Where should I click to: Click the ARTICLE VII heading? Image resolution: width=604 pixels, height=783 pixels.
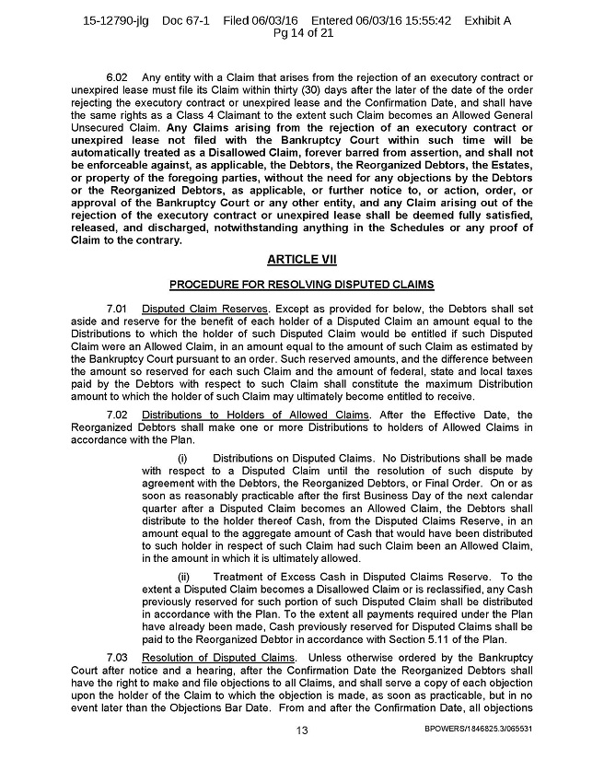click(301, 261)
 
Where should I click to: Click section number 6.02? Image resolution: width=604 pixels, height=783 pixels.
click(119, 76)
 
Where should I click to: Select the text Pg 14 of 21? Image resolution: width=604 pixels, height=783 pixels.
click(301, 34)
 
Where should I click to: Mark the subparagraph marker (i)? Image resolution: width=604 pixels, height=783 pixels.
click(181, 458)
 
